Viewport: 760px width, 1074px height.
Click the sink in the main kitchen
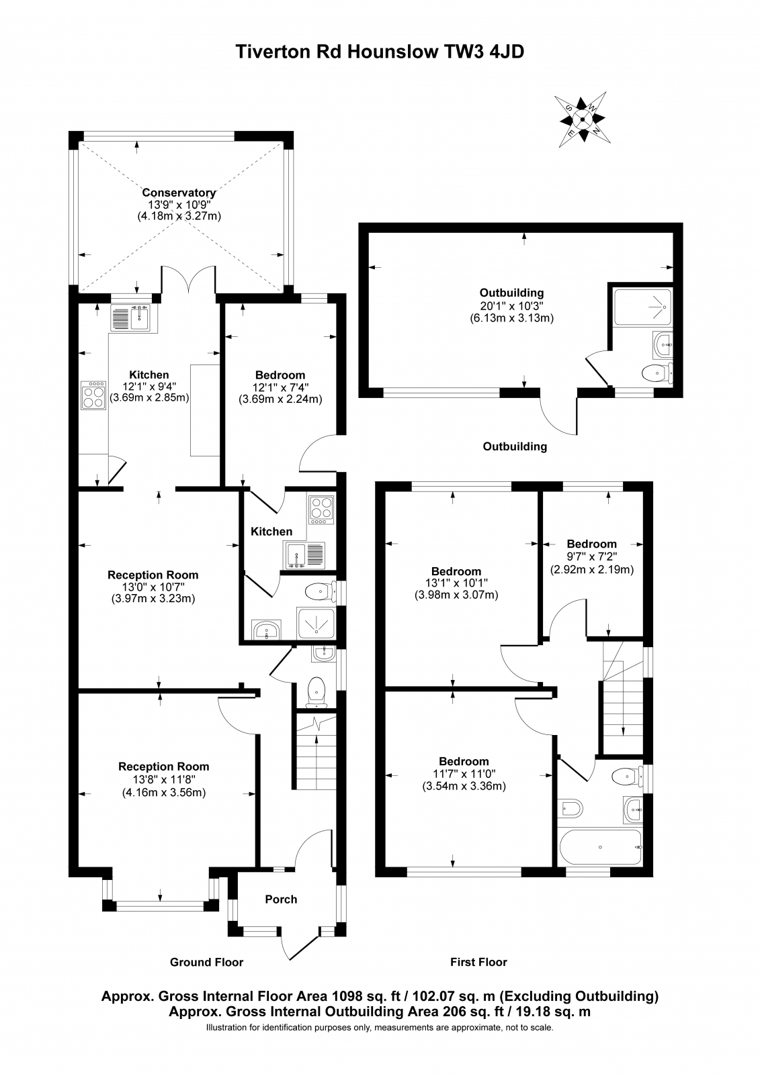click(133, 318)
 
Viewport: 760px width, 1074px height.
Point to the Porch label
click(281, 899)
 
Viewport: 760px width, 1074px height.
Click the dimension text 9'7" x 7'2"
click(591, 556)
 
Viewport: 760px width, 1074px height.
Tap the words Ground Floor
click(206, 962)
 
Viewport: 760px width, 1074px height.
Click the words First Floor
click(478, 962)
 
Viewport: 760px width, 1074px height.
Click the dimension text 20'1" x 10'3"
click(511, 305)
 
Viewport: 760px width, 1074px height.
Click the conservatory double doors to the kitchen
click(188, 281)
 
